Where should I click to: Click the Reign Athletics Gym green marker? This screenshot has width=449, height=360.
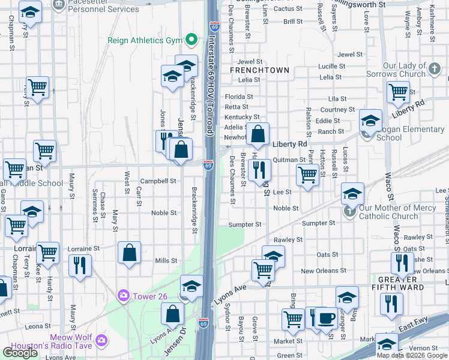coord(191,40)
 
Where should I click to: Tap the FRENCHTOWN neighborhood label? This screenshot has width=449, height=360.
coord(259,70)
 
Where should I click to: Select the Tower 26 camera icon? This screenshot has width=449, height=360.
coord(124,295)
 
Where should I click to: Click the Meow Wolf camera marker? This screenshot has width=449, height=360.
coord(101,340)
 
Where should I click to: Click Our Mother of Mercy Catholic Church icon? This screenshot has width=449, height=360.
coord(350,211)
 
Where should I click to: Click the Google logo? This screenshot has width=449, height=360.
coord(20,353)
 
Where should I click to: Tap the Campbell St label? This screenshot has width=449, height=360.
coord(158,181)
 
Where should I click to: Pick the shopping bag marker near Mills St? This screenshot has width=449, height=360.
coord(130,252)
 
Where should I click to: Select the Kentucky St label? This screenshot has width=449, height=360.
coord(242,117)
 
